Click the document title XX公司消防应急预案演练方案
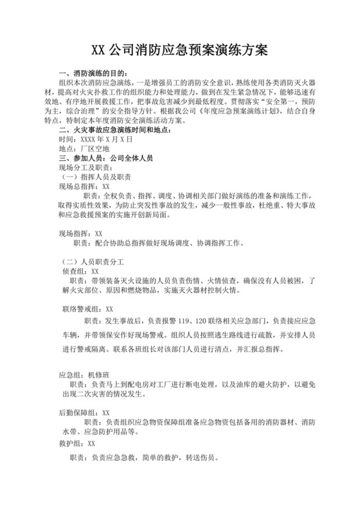pyautogui.click(x=179, y=50)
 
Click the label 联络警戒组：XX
pyautogui.click(x=88, y=309)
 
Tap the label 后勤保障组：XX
pyautogui.click(x=84, y=413)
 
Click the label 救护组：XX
pyautogui.click(x=76, y=443)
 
